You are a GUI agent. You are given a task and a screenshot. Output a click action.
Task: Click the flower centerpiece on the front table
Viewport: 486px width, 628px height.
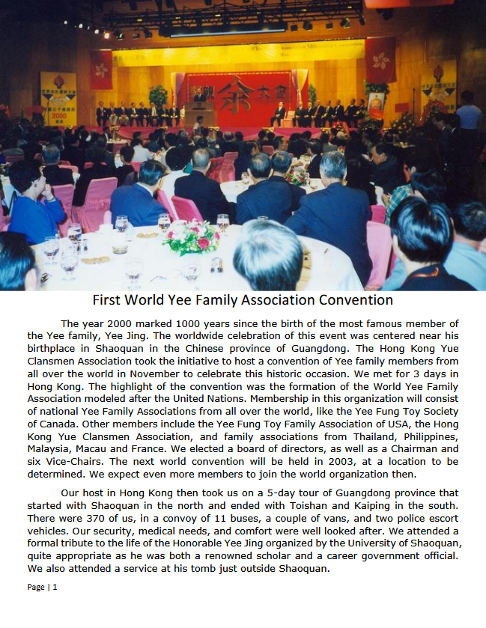coord(192,237)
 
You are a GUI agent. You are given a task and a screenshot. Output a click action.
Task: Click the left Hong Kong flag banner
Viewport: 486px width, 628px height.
coord(101,69)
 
